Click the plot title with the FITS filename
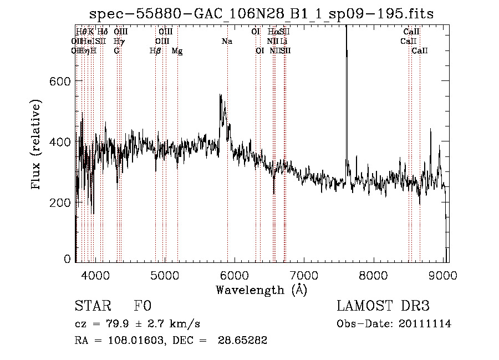point(261,13)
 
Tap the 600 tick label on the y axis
point(60,81)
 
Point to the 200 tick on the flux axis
point(60,202)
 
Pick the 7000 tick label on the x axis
point(304,276)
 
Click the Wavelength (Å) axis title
point(261,290)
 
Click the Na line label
point(227,42)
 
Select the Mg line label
point(177,51)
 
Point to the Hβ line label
point(155,51)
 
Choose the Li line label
point(284,42)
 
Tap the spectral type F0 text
point(142,307)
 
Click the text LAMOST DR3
point(383,307)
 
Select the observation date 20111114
point(426,324)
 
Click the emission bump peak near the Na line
point(221,95)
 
